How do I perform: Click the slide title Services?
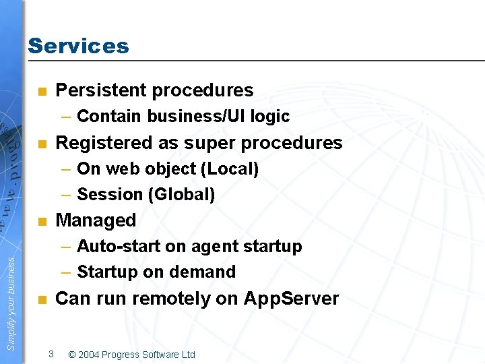pos(78,46)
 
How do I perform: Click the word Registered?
pos(104,143)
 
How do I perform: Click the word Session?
pos(108,195)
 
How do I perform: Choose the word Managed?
pos(96,220)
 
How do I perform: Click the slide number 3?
pos(51,354)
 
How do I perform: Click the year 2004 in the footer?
pos(90,355)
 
